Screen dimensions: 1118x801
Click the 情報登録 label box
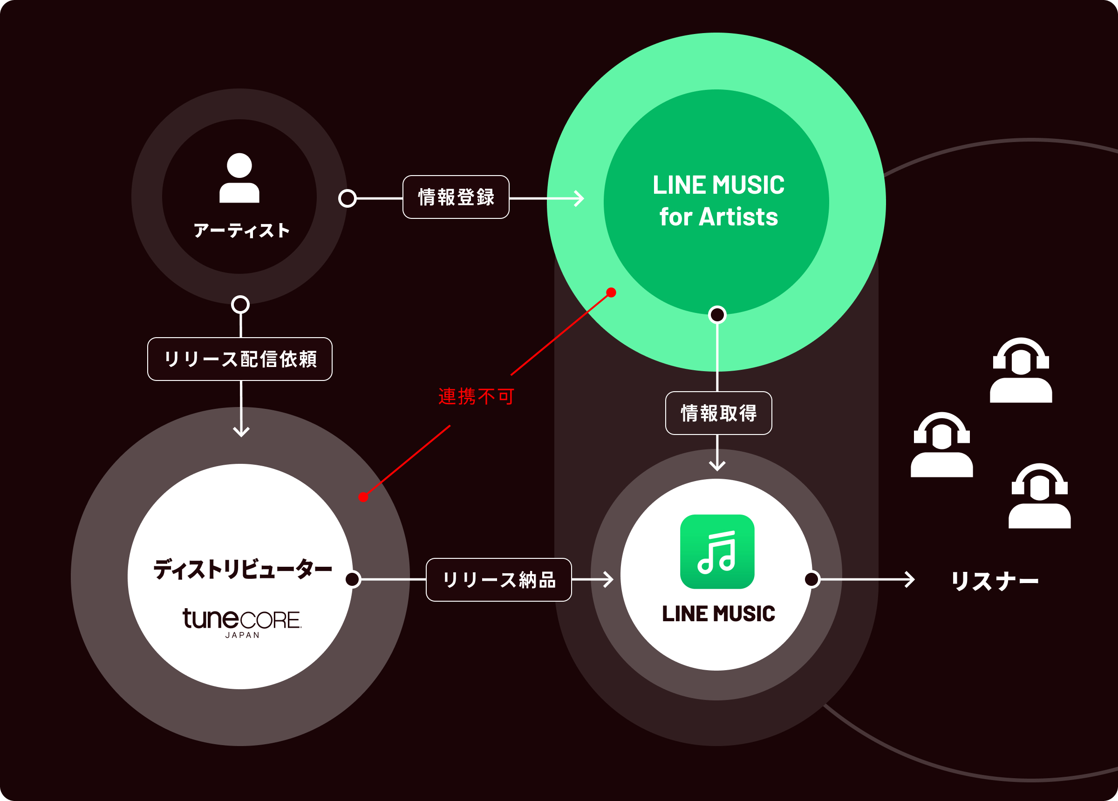(456, 197)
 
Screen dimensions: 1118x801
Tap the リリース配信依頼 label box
(239, 359)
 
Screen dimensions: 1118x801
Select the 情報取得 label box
(718, 413)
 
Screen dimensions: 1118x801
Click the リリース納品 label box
(499, 580)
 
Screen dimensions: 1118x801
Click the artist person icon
(239, 178)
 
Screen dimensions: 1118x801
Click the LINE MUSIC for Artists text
(718, 201)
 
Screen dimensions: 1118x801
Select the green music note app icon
(717, 551)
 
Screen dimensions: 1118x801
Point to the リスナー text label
(995, 581)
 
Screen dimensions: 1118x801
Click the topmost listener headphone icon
(1021, 370)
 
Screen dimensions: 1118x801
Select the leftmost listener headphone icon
(941, 445)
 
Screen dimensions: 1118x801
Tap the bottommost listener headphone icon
(1040, 496)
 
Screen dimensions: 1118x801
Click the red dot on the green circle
(611, 292)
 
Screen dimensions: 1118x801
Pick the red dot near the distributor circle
(363, 497)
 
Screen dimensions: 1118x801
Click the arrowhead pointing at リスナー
(910, 580)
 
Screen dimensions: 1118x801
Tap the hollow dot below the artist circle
(240, 305)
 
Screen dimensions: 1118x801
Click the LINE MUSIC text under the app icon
(718, 614)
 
